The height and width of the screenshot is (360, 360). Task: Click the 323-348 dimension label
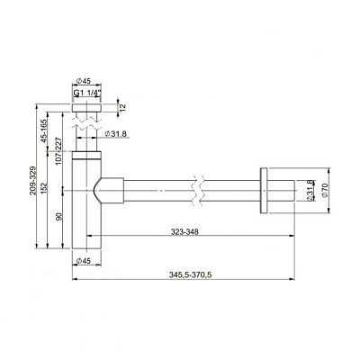(x=184, y=231)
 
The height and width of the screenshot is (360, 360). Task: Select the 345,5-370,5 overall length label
(x=190, y=274)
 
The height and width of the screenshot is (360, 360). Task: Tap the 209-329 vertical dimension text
(x=32, y=181)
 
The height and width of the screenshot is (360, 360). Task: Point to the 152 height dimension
(x=44, y=188)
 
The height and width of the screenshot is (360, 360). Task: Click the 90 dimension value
(x=58, y=217)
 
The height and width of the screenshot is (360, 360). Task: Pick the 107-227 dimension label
(x=58, y=150)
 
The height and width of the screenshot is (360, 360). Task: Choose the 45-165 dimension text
(x=44, y=130)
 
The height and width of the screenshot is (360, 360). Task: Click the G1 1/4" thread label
(x=86, y=93)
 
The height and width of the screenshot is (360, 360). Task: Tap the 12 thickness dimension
(x=123, y=108)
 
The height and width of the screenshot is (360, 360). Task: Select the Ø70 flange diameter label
(x=325, y=190)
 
